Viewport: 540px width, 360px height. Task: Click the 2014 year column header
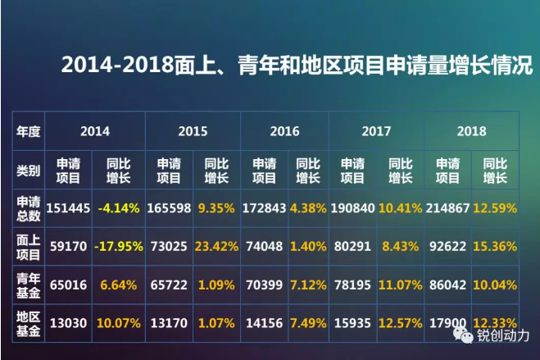coord(95,130)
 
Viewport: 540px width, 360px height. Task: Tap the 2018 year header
coord(471,130)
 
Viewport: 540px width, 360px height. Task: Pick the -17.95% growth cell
coord(120,244)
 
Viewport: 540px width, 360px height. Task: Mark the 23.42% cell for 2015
coord(216,244)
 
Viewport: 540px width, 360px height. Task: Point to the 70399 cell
coord(264,284)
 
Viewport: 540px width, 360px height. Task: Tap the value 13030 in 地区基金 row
coord(69,323)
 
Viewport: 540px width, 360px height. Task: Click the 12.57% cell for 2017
coord(399,323)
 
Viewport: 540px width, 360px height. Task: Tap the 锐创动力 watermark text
coord(502,335)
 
